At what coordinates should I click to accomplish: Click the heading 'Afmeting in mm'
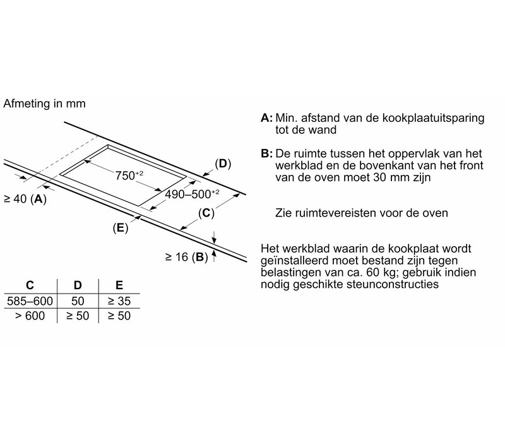pyautogui.click(x=44, y=103)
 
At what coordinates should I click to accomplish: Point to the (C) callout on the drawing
pyautogui.click(x=206, y=213)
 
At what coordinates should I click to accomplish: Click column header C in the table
pyautogui.click(x=30, y=285)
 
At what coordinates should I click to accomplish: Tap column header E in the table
pyautogui.click(x=119, y=285)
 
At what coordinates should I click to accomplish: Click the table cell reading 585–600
pyautogui.click(x=29, y=301)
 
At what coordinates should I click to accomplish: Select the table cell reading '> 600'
pyautogui.click(x=30, y=315)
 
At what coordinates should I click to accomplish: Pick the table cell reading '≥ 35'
pyautogui.click(x=119, y=301)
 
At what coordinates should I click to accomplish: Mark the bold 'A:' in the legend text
pyautogui.click(x=266, y=118)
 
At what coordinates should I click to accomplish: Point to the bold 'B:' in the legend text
pyautogui.click(x=266, y=154)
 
